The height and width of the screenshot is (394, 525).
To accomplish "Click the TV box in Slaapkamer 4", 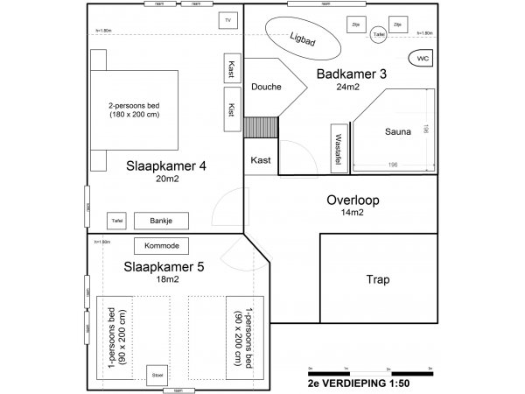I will [x=227, y=20].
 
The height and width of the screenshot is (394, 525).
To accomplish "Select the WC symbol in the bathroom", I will [x=422, y=59].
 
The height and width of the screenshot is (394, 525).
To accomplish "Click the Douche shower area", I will [x=266, y=87].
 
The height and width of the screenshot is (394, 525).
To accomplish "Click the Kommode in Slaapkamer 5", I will [x=161, y=246].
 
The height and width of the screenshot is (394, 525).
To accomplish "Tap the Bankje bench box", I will [x=162, y=221].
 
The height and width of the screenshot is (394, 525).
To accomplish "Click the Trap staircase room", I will [x=377, y=280].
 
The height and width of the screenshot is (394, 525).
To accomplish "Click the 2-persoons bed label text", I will [x=135, y=110].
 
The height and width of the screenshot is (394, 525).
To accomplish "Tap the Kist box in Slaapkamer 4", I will [x=230, y=110].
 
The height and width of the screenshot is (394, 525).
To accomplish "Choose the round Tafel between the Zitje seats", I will [x=378, y=34].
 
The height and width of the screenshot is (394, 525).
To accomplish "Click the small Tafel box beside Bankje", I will [x=117, y=221].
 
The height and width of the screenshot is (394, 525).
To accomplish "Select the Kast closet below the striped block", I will [x=260, y=160].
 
